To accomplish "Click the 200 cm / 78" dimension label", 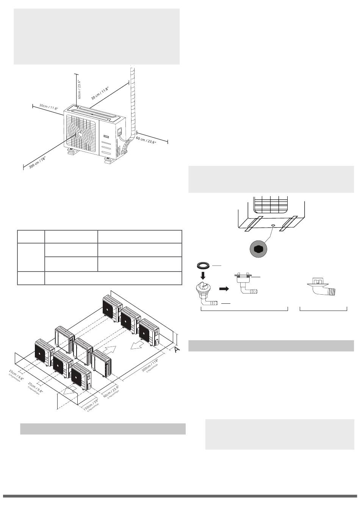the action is pos(38,164).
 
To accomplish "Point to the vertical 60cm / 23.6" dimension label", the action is pos(80,89).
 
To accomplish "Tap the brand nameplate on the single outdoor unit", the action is pos(108,133).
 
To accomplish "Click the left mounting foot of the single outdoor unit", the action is pos(72,152).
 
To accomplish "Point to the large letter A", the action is pos(176,350).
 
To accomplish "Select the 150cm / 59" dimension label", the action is pos(91,405).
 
